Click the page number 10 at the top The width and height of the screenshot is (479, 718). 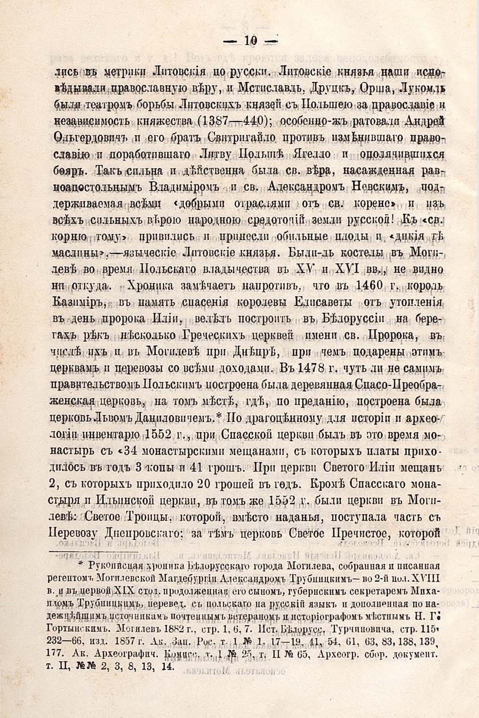tap(250, 42)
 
